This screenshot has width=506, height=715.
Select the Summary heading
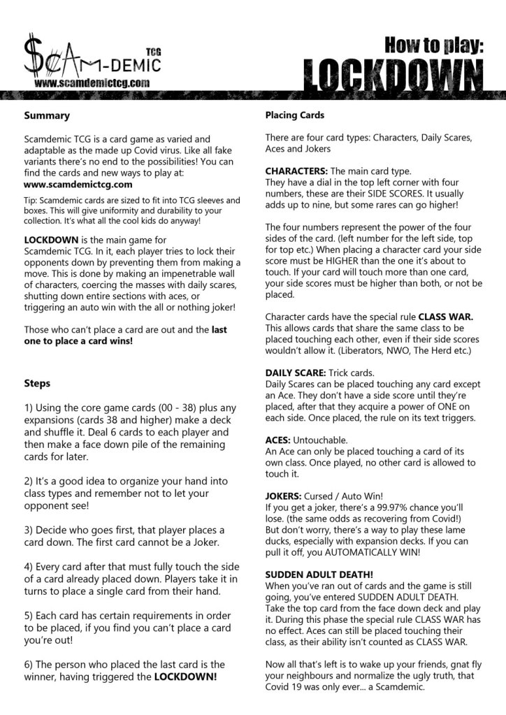pyautogui.click(x=47, y=115)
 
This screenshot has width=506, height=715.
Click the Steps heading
pyautogui.click(x=37, y=383)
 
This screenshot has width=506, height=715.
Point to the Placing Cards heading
pyautogui.click(x=294, y=115)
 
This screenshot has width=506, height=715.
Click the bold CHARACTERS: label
pyautogui.click(x=296, y=171)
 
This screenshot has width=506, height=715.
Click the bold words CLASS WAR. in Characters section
pyautogui.click(x=446, y=317)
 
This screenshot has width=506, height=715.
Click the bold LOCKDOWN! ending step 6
pyautogui.click(x=185, y=677)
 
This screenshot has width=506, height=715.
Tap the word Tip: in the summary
pyautogui.click(x=31, y=200)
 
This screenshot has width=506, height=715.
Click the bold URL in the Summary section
pyautogui.click(x=78, y=185)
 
